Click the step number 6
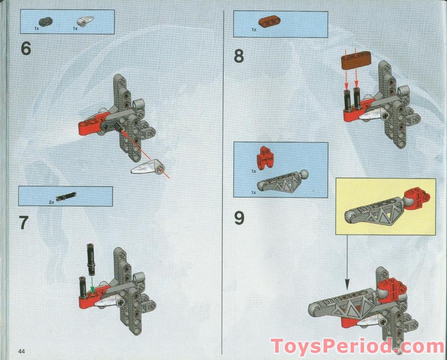[26, 49]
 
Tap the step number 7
[24, 223]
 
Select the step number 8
[239, 56]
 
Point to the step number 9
[239, 218]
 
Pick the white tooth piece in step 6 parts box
[83, 21]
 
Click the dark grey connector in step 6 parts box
[45, 21]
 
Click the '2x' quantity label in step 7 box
[52, 203]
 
